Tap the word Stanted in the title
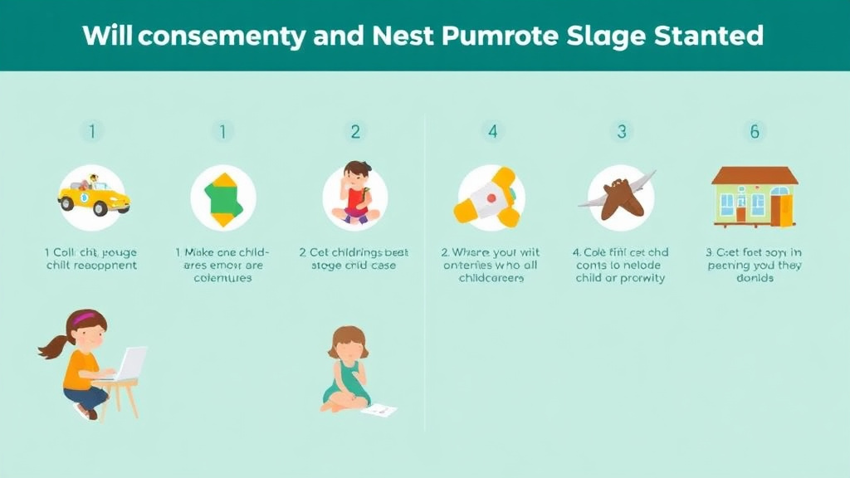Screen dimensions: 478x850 point(711,36)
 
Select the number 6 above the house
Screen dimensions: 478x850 point(754,131)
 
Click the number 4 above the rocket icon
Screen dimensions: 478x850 point(492,131)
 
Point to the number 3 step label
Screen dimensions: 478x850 point(621,131)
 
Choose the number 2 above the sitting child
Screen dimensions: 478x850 point(355,131)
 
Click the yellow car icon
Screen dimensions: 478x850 point(94,197)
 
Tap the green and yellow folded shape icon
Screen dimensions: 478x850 point(222,198)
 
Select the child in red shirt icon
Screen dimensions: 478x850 point(355,194)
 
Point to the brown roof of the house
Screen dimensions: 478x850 point(754,175)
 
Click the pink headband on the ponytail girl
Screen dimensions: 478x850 point(83,317)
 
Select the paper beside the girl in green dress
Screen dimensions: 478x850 point(379,409)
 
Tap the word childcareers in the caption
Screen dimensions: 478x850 point(491,278)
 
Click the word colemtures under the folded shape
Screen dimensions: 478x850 point(222,278)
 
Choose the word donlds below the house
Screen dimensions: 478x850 point(754,278)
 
